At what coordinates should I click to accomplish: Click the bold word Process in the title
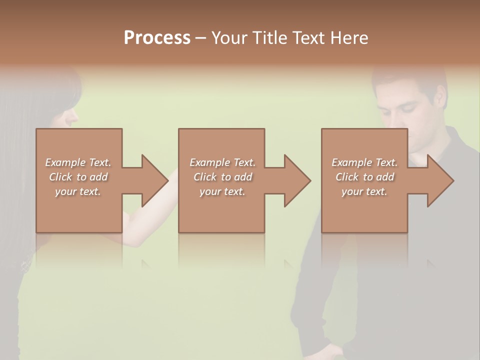coord(157,38)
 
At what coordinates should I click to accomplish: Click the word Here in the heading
coord(349,38)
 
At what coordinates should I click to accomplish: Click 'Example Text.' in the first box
coord(78,162)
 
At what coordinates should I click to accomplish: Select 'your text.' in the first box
coord(78,191)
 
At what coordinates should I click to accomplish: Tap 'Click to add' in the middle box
coord(222,177)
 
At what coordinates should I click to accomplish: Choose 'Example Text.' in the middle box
coord(222,162)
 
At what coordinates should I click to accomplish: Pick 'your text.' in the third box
coord(364,191)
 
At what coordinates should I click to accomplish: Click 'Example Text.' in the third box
coord(364,162)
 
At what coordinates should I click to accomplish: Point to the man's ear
coord(440,98)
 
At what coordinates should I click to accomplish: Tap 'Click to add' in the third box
coord(364,177)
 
